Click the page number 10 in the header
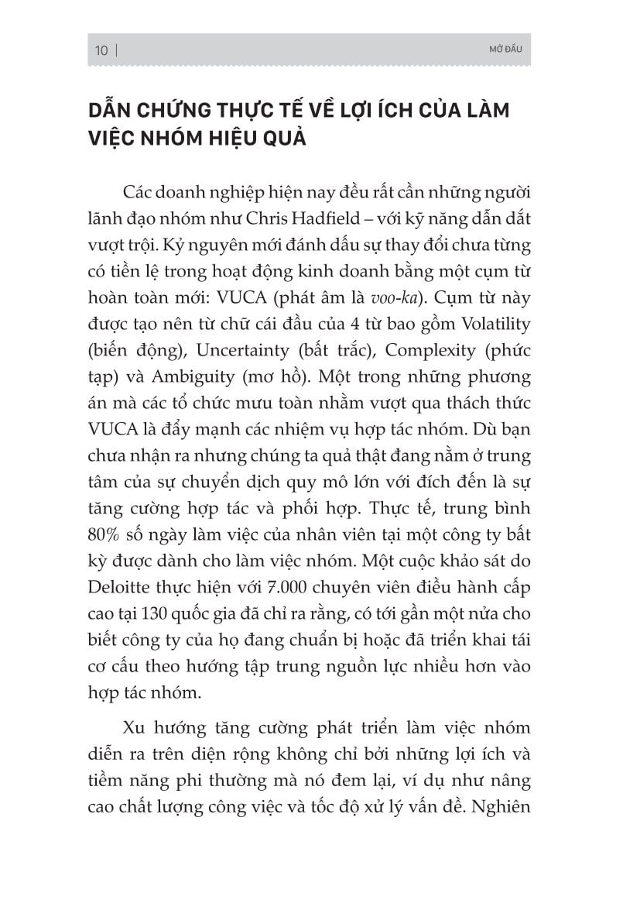pyautogui.click(x=101, y=50)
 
